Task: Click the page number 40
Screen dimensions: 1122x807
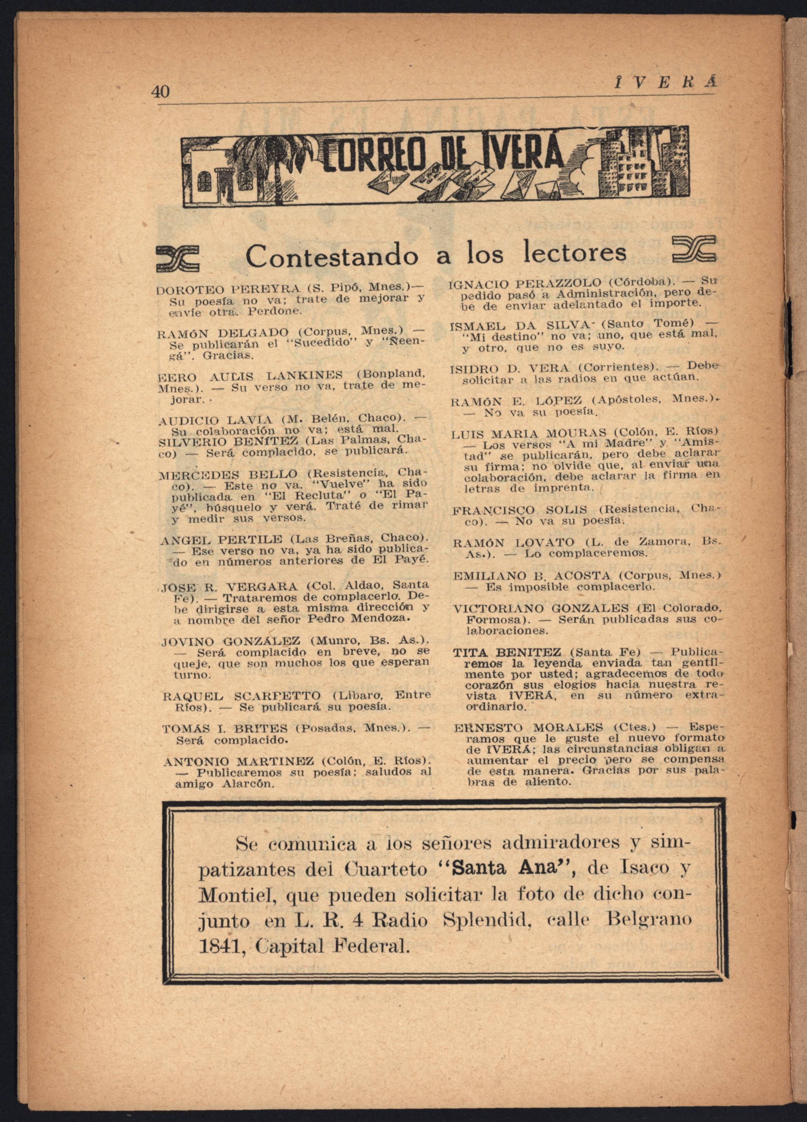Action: pos(161,92)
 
